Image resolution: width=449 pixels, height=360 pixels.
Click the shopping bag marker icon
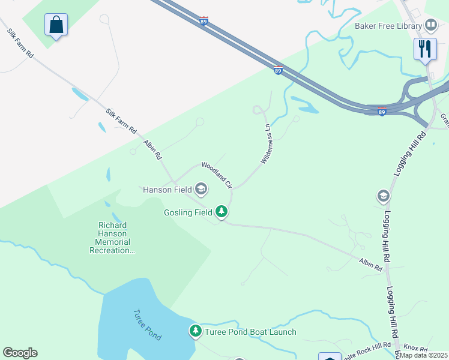(x=56, y=25)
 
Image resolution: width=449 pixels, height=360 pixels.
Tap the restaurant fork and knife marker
(x=425, y=49)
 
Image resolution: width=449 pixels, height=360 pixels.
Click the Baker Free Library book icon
(x=430, y=25)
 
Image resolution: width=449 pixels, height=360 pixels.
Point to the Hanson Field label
(x=167, y=190)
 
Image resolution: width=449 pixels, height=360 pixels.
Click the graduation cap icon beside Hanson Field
(x=201, y=190)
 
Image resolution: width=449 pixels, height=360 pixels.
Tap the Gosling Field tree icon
(x=221, y=211)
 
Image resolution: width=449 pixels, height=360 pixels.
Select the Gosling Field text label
(x=188, y=212)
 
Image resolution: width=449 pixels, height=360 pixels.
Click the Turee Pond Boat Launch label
(x=250, y=332)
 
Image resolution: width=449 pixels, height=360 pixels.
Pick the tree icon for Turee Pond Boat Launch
(x=195, y=331)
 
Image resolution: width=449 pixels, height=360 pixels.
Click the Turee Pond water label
(x=147, y=325)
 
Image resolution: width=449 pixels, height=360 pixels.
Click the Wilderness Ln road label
(x=267, y=144)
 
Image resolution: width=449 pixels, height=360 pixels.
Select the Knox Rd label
(x=415, y=348)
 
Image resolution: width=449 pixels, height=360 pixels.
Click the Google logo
(x=20, y=353)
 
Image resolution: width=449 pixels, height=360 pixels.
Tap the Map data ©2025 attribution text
(x=423, y=355)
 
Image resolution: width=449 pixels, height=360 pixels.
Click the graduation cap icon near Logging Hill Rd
(x=383, y=196)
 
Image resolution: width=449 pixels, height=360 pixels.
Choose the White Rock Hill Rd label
(x=367, y=350)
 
